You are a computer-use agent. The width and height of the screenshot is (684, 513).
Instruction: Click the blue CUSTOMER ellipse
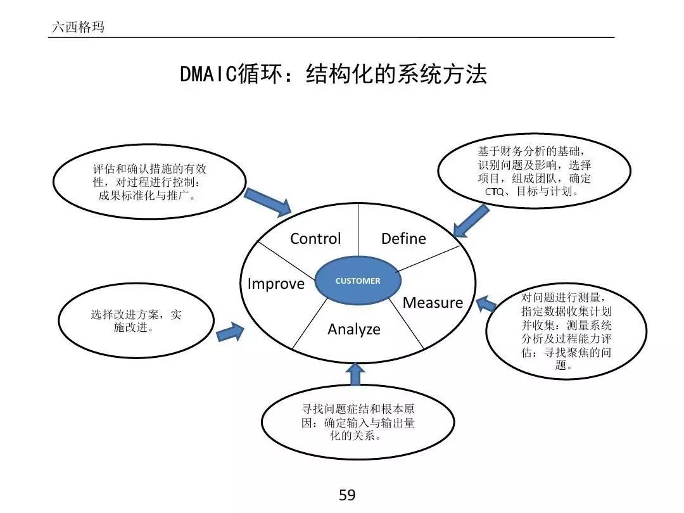[358, 281]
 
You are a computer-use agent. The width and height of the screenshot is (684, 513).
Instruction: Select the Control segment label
[315, 239]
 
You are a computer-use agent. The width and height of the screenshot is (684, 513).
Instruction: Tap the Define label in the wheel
[403, 239]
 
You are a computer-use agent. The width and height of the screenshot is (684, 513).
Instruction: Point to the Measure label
[433, 303]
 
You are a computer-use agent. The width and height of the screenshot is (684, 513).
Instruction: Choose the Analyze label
[354, 329]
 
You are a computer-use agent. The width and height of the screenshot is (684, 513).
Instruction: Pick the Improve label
[275, 284]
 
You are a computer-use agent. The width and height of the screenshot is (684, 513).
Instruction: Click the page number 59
[347, 495]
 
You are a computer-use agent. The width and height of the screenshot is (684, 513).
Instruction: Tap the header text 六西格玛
[77, 27]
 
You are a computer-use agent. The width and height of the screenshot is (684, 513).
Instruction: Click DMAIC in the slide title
[208, 75]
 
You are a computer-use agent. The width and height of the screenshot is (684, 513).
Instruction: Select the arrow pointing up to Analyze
[355, 374]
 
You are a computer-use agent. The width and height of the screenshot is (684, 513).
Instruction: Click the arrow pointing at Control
[267, 201]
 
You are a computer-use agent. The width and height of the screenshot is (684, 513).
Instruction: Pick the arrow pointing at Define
[471, 219]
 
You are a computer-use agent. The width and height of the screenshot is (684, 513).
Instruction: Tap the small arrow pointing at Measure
[486, 305]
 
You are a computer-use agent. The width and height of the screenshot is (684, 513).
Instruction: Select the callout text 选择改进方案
[127, 315]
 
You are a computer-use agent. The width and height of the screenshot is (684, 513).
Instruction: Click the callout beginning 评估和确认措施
[149, 182]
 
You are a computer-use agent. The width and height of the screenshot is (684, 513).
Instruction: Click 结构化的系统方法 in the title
[396, 75]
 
